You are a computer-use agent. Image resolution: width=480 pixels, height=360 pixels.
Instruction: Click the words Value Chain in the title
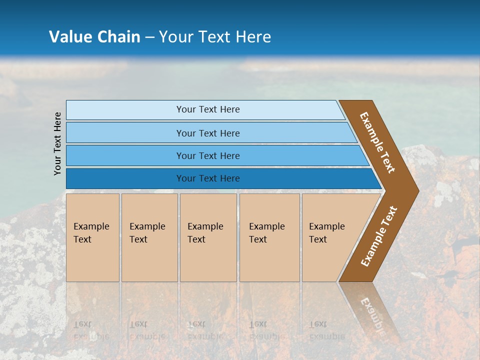tap(94, 36)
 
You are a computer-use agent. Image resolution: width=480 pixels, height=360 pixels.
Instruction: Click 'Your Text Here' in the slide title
tap(215, 36)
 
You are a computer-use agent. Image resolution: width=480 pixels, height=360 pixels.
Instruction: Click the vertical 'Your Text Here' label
tap(57, 143)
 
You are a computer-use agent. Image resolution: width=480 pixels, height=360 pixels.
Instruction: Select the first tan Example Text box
tap(92, 237)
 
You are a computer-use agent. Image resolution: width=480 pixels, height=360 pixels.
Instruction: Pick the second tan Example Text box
tap(149, 237)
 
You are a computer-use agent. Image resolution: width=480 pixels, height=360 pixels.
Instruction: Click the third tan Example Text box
tap(208, 237)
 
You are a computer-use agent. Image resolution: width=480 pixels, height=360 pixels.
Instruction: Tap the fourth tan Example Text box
tap(269, 237)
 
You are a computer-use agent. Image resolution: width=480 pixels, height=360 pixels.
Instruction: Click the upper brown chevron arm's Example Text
tap(377, 142)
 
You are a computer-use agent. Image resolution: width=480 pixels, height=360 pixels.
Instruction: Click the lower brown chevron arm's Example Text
tap(379, 236)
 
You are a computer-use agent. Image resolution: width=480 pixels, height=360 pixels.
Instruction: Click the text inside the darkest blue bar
tap(208, 178)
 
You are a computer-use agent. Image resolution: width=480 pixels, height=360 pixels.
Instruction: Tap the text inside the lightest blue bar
tap(208, 109)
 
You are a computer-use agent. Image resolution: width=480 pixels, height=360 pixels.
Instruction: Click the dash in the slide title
tap(149, 37)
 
